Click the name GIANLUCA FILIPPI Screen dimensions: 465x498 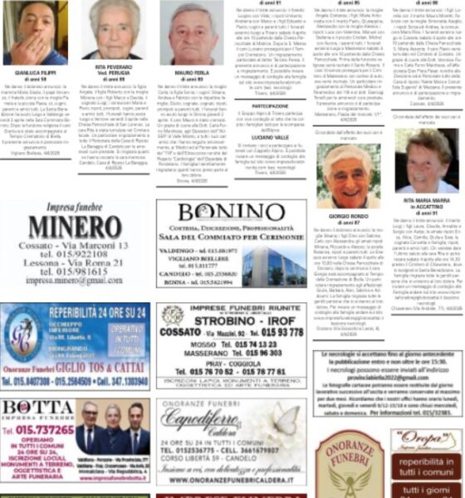39,72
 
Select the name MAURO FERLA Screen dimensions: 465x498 190,72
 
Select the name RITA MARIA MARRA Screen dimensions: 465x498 425,200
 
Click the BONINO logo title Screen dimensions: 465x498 231,212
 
